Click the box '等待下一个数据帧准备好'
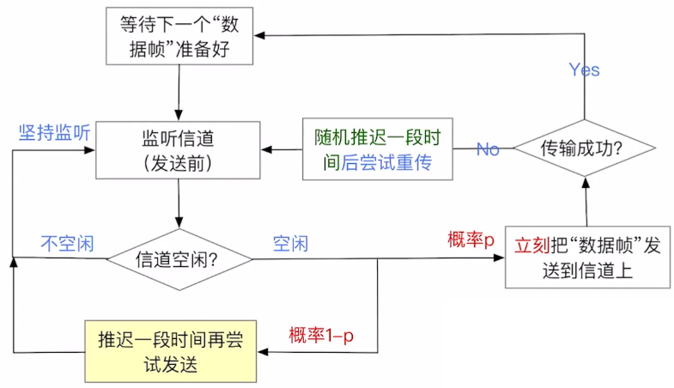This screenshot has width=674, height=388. point(180,35)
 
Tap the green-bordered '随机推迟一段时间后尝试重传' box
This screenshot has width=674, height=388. point(378,149)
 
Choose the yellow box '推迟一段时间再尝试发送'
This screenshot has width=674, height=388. point(172,350)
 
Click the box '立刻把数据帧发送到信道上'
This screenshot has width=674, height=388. point(586,258)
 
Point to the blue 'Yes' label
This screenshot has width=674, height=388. point(584,70)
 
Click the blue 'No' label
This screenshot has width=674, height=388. point(488,149)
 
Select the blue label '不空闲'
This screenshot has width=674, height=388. point(67,243)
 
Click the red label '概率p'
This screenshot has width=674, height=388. point(471,240)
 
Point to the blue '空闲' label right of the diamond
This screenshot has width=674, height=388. point(290,243)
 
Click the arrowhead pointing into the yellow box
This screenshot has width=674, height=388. point(264,350)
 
